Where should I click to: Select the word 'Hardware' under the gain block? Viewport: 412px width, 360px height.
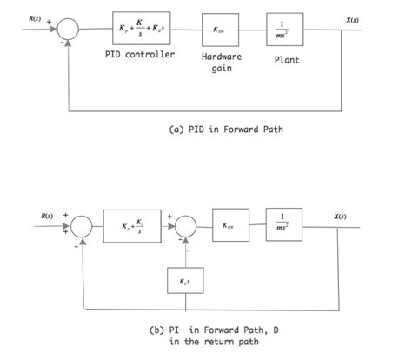click(x=221, y=57)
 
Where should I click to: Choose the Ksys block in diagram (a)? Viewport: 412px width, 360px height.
click(x=221, y=30)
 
